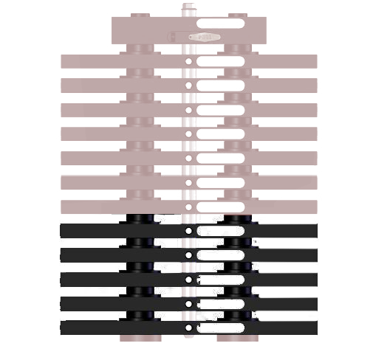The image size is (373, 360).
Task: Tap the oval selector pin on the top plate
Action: coord(203,36)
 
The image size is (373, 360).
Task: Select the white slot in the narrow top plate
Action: coord(220,24)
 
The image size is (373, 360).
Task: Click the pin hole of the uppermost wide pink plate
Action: coord(188,61)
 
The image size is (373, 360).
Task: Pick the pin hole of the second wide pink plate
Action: coord(188,86)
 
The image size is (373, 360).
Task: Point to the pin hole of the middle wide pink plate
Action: coord(188,134)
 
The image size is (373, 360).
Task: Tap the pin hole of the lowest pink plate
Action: coord(188,207)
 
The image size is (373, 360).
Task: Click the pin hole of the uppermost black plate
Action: coord(188,231)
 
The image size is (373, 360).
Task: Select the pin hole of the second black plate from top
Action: coord(188,255)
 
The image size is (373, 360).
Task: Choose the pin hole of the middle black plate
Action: coord(188,280)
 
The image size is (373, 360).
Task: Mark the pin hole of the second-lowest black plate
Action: coord(188,303)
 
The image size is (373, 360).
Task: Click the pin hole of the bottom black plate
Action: coord(188,328)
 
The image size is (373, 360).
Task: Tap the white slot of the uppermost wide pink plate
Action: coord(220,61)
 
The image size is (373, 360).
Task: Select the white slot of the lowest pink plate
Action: coord(220,207)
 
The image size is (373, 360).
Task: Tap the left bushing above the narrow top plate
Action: coord(140,15)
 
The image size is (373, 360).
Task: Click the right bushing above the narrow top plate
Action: coord(237,15)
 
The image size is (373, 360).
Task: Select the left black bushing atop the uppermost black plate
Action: coord(140,218)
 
